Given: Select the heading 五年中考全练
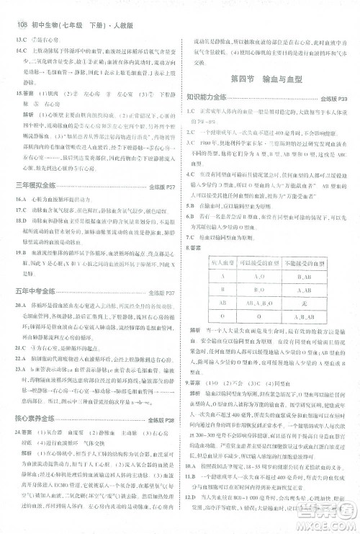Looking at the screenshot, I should pos(40,293).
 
